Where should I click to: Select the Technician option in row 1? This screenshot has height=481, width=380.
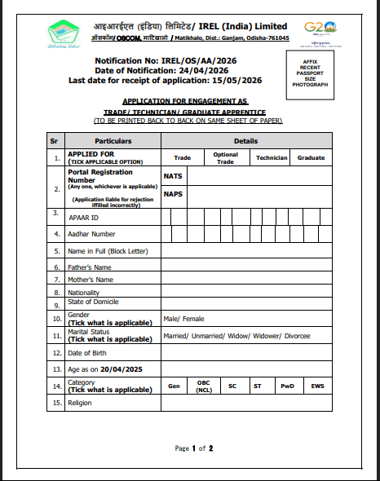click(x=272, y=157)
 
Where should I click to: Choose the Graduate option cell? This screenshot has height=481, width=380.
click(x=311, y=157)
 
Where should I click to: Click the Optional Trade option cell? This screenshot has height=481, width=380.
click(x=226, y=157)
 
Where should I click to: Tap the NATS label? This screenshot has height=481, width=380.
click(x=172, y=175)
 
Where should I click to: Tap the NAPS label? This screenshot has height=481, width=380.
click(x=172, y=194)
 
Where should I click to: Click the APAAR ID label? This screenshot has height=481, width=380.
click(x=84, y=218)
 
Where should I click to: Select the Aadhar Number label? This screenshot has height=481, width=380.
click(x=91, y=235)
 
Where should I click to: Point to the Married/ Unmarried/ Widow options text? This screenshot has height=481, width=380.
click(x=236, y=336)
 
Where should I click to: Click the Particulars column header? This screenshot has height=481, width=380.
click(x=113, y=141)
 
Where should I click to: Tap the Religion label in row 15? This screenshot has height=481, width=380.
click(x=80, y=403)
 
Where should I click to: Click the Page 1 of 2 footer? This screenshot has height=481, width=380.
click(x=194, y=448)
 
